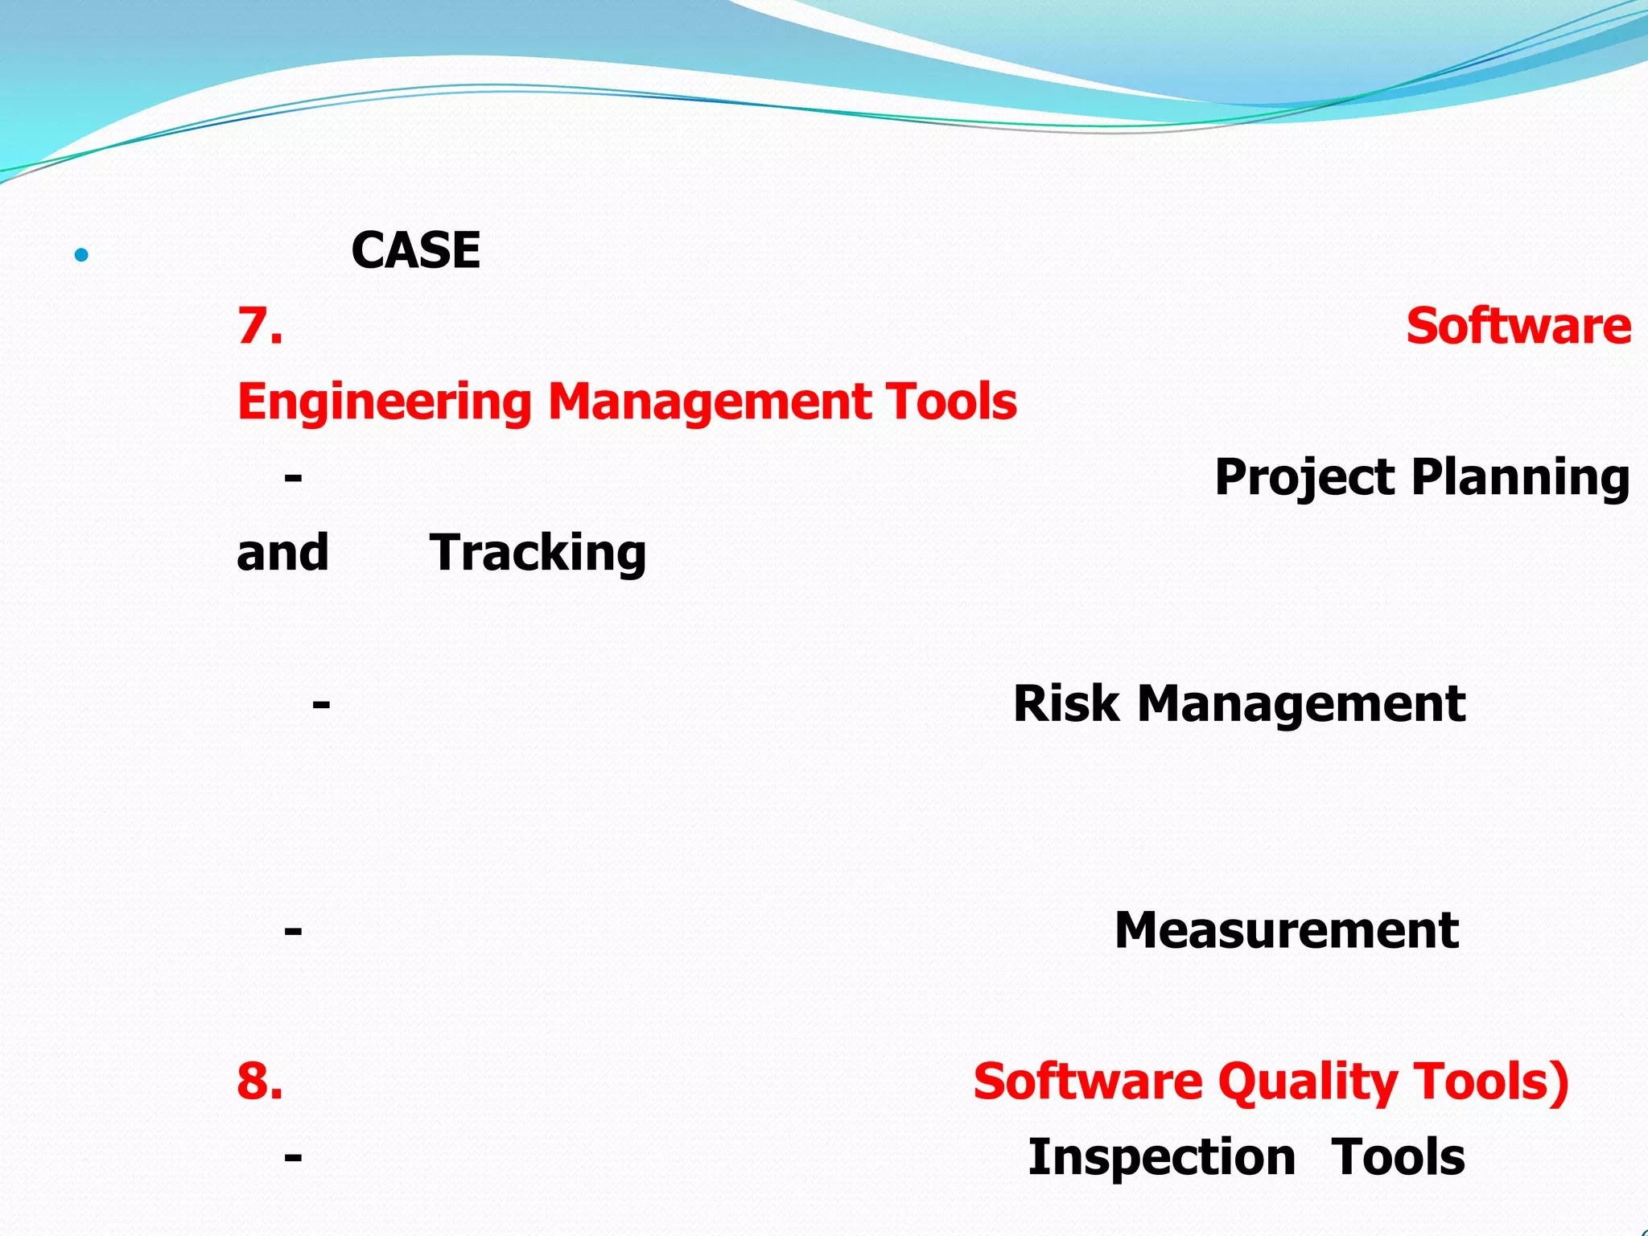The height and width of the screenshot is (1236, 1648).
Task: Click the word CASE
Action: point(415,250)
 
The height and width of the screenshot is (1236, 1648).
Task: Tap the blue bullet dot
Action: point(80,256)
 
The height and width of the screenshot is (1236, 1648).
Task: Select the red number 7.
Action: point(259,326)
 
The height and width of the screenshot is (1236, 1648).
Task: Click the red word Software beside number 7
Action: point(1518,326)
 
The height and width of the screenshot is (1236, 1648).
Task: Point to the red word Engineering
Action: point(384,402)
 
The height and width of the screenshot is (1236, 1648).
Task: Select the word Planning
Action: point(1520,477)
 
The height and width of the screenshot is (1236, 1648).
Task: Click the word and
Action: point(282,553)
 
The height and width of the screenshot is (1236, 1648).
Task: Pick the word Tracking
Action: point(538,553)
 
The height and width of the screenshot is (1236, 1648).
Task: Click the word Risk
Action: point(1065,703)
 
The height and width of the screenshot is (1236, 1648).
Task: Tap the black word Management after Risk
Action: point(1300,703)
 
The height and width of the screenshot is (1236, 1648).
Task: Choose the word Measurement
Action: point(1286,930)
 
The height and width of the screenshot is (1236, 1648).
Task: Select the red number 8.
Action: point(259,1081)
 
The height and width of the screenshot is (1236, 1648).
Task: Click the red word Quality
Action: point(1308,1081)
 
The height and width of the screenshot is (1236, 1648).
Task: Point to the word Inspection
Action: point(1161,1157)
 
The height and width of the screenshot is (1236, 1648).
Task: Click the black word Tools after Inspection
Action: point(1398,1157)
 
